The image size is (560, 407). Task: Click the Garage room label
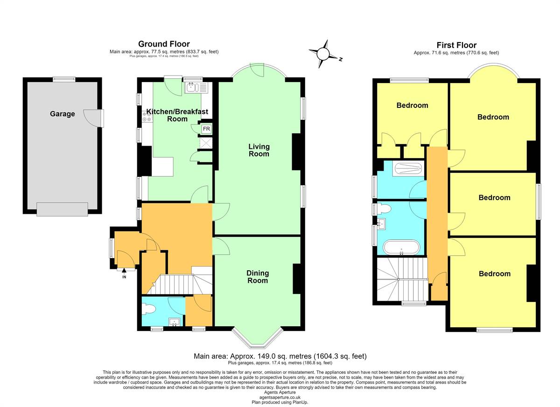[x=62, y=114]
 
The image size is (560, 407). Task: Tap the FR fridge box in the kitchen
[x=206, y=129]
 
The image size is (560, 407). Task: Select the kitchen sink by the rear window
[x=196, y=87]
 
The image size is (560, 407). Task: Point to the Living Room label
[x=259, y=150]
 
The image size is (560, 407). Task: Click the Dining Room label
[x=258, y=277]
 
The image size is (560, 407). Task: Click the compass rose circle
[x=323, y=54]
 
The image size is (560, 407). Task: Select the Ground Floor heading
[x=164, y=44]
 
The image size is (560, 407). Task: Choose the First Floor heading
[x=456, y=45]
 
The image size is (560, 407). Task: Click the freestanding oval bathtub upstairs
[x=402, y=247]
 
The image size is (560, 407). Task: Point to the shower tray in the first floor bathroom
[x=408, y=169]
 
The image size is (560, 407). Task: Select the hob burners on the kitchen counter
[x=147, y=117]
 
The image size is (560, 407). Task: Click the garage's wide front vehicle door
[x=62, y=209]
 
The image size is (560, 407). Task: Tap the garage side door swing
[x=93, y=118]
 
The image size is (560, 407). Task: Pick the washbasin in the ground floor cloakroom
[x=175, y=322]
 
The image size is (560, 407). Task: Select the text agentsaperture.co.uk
[x=280, y=397]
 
